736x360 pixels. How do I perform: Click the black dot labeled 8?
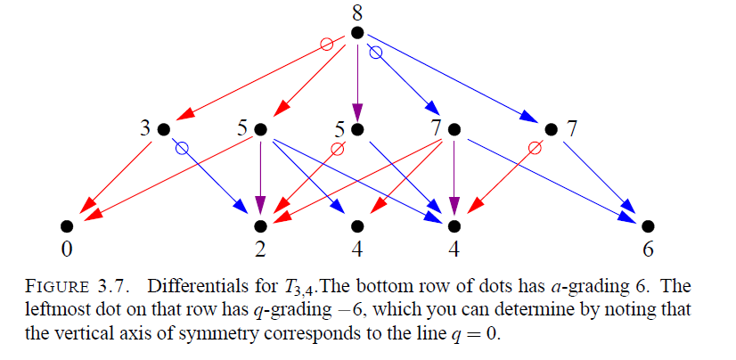(357, 33)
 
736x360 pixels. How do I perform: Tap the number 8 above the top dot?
(357, 12)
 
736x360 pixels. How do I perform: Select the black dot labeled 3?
(163, 129)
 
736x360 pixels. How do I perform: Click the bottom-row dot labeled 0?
(66, 225)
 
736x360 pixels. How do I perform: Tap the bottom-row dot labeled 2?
(261, 225)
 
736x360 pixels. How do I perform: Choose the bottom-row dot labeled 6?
(648, 225)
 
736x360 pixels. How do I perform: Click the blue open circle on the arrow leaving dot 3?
(183, 149)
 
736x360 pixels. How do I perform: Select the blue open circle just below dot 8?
(375, 52)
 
